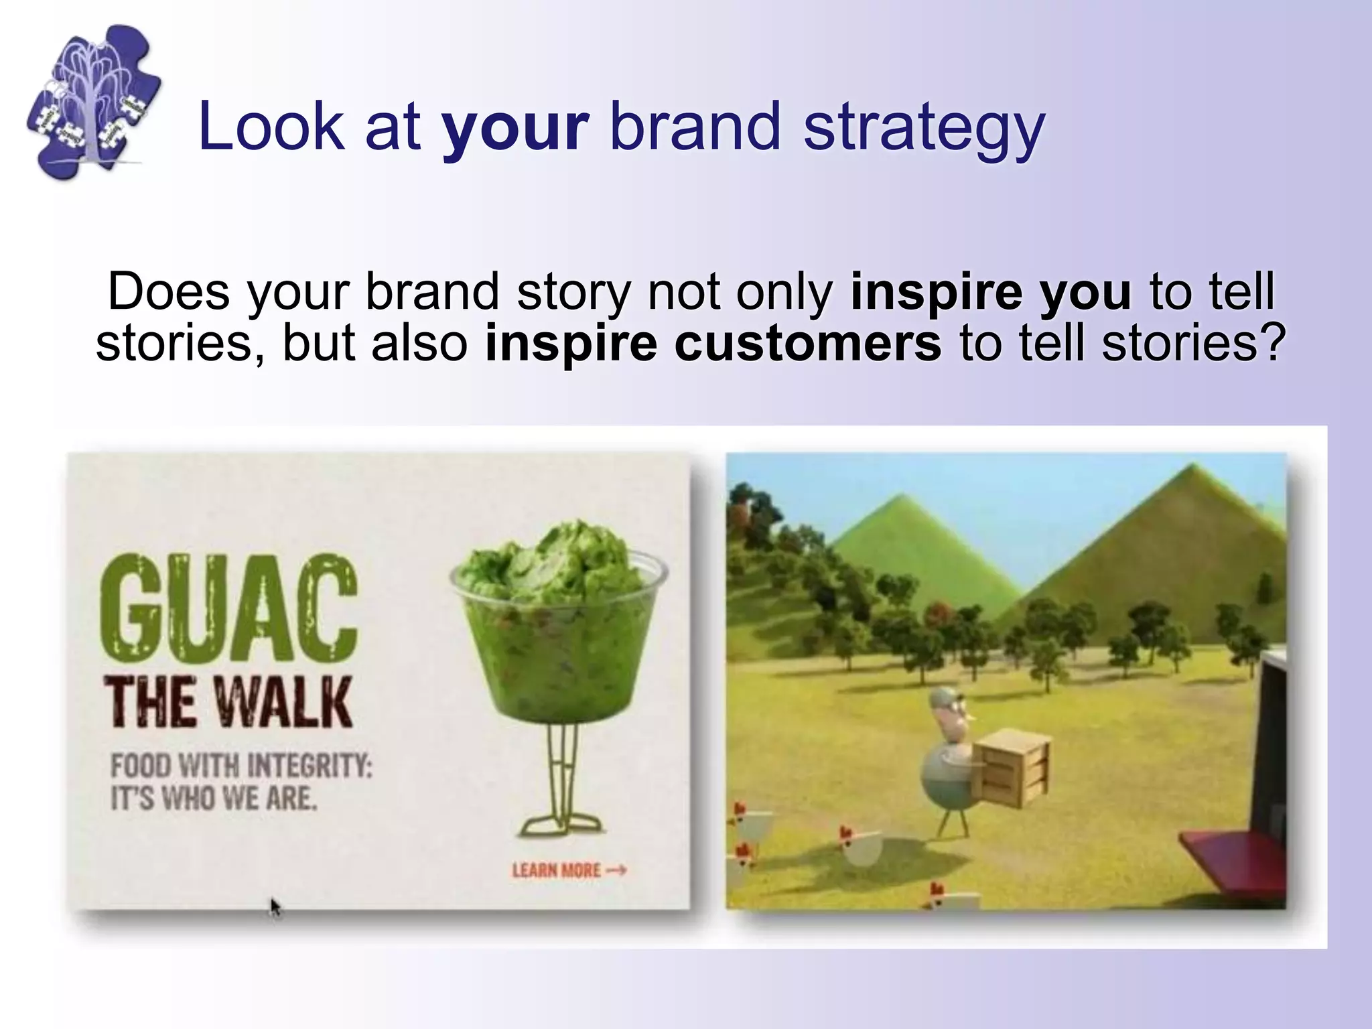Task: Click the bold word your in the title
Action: pyautogui.click(x=514, y=127)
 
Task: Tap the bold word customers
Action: pyautogui.click(x=807, y=344)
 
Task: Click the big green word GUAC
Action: pyautogui.click(x=228, y=607)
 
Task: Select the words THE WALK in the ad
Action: pyautogui.click(x=228, y=703)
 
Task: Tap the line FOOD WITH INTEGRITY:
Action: pyautogui.click(x=241, y=766)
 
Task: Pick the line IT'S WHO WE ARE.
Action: pyautogui.click(x=213, y=799)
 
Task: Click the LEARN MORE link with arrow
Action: pyautogui.click(x=568, y=871)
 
